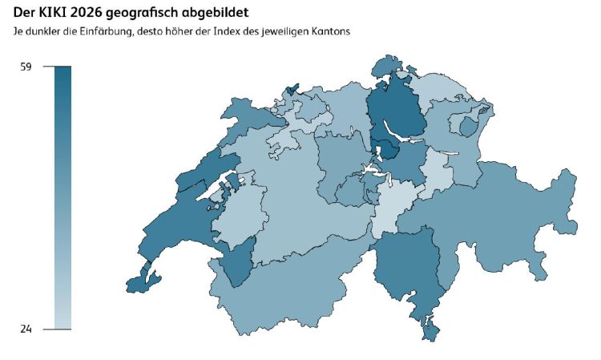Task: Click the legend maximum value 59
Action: coord(26,67)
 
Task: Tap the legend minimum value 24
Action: coord(26,329)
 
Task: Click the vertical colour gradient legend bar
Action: coord(63,197)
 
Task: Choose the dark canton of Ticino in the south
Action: coord(409,269)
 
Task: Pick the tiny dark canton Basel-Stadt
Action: coord(292,87)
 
